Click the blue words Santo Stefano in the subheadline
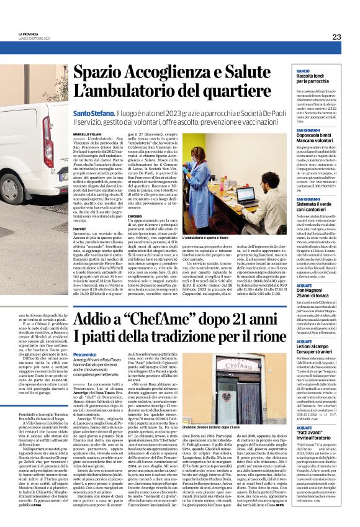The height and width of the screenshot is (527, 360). click(94, 114)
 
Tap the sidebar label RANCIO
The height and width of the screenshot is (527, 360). click(303, 72)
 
